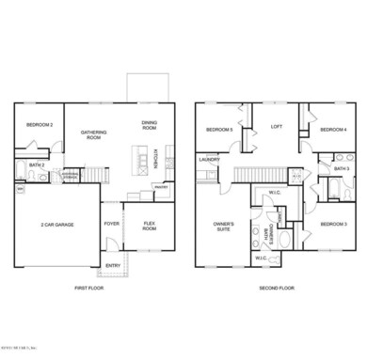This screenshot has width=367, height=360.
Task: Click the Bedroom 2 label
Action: [x=39, y=124]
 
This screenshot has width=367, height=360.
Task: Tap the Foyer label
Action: [x=111, y=224]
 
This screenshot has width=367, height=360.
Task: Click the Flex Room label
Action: [x=150, y=227]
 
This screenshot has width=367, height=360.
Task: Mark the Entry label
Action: [x=113, y=266]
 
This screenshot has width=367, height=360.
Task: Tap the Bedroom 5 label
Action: [x=219, y=129]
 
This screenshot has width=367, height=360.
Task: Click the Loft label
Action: [x=277, y=126]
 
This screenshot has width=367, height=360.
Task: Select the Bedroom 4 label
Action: [x=333, y=129]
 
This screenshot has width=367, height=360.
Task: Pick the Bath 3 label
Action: [x=341, y=168]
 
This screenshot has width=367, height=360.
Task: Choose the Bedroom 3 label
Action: [x=333, y=224]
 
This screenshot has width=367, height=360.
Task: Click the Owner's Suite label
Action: [x=223, y=226]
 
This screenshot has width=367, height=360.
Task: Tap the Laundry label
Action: [x=209, y=160]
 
